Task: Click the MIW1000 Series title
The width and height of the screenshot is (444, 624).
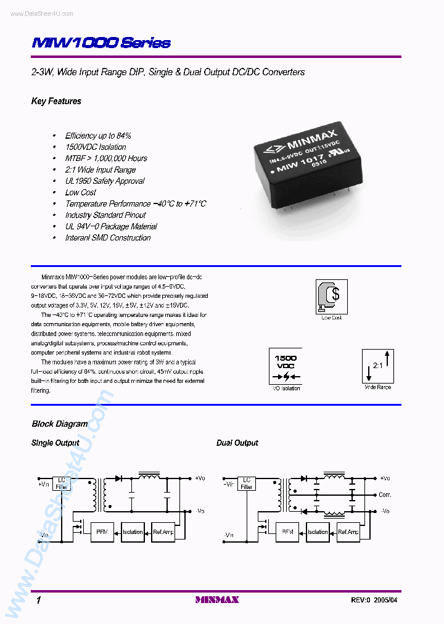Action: [x=101, y=43]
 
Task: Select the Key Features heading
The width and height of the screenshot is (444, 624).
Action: [x=56, y=101]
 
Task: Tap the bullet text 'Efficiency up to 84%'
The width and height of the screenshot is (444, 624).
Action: [x=98, y=136]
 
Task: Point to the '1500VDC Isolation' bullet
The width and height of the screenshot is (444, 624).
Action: [x=96, y=147]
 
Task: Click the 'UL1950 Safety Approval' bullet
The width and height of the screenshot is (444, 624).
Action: [x=105, y=181]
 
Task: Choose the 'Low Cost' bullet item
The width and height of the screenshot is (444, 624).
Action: [x=81, y=192]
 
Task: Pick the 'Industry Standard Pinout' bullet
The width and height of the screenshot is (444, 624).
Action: [x=105, y=215]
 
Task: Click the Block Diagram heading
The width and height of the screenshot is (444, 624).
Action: [x=59, y=424]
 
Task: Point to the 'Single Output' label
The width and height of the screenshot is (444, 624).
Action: [x=55, y=443]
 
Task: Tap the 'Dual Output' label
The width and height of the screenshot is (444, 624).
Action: [x=237, y=443]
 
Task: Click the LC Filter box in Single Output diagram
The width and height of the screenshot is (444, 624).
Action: [x=62, y=483]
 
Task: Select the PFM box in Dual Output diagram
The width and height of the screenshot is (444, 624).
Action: [x=287, y=532]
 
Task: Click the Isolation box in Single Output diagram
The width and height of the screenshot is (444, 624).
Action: [x=133, y=532]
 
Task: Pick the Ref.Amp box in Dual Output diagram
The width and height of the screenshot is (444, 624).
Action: [x=348, y=532]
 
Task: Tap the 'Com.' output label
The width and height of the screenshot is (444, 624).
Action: [x=385, y=495]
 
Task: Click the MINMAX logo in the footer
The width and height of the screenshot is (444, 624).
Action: [x=216, y=599]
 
